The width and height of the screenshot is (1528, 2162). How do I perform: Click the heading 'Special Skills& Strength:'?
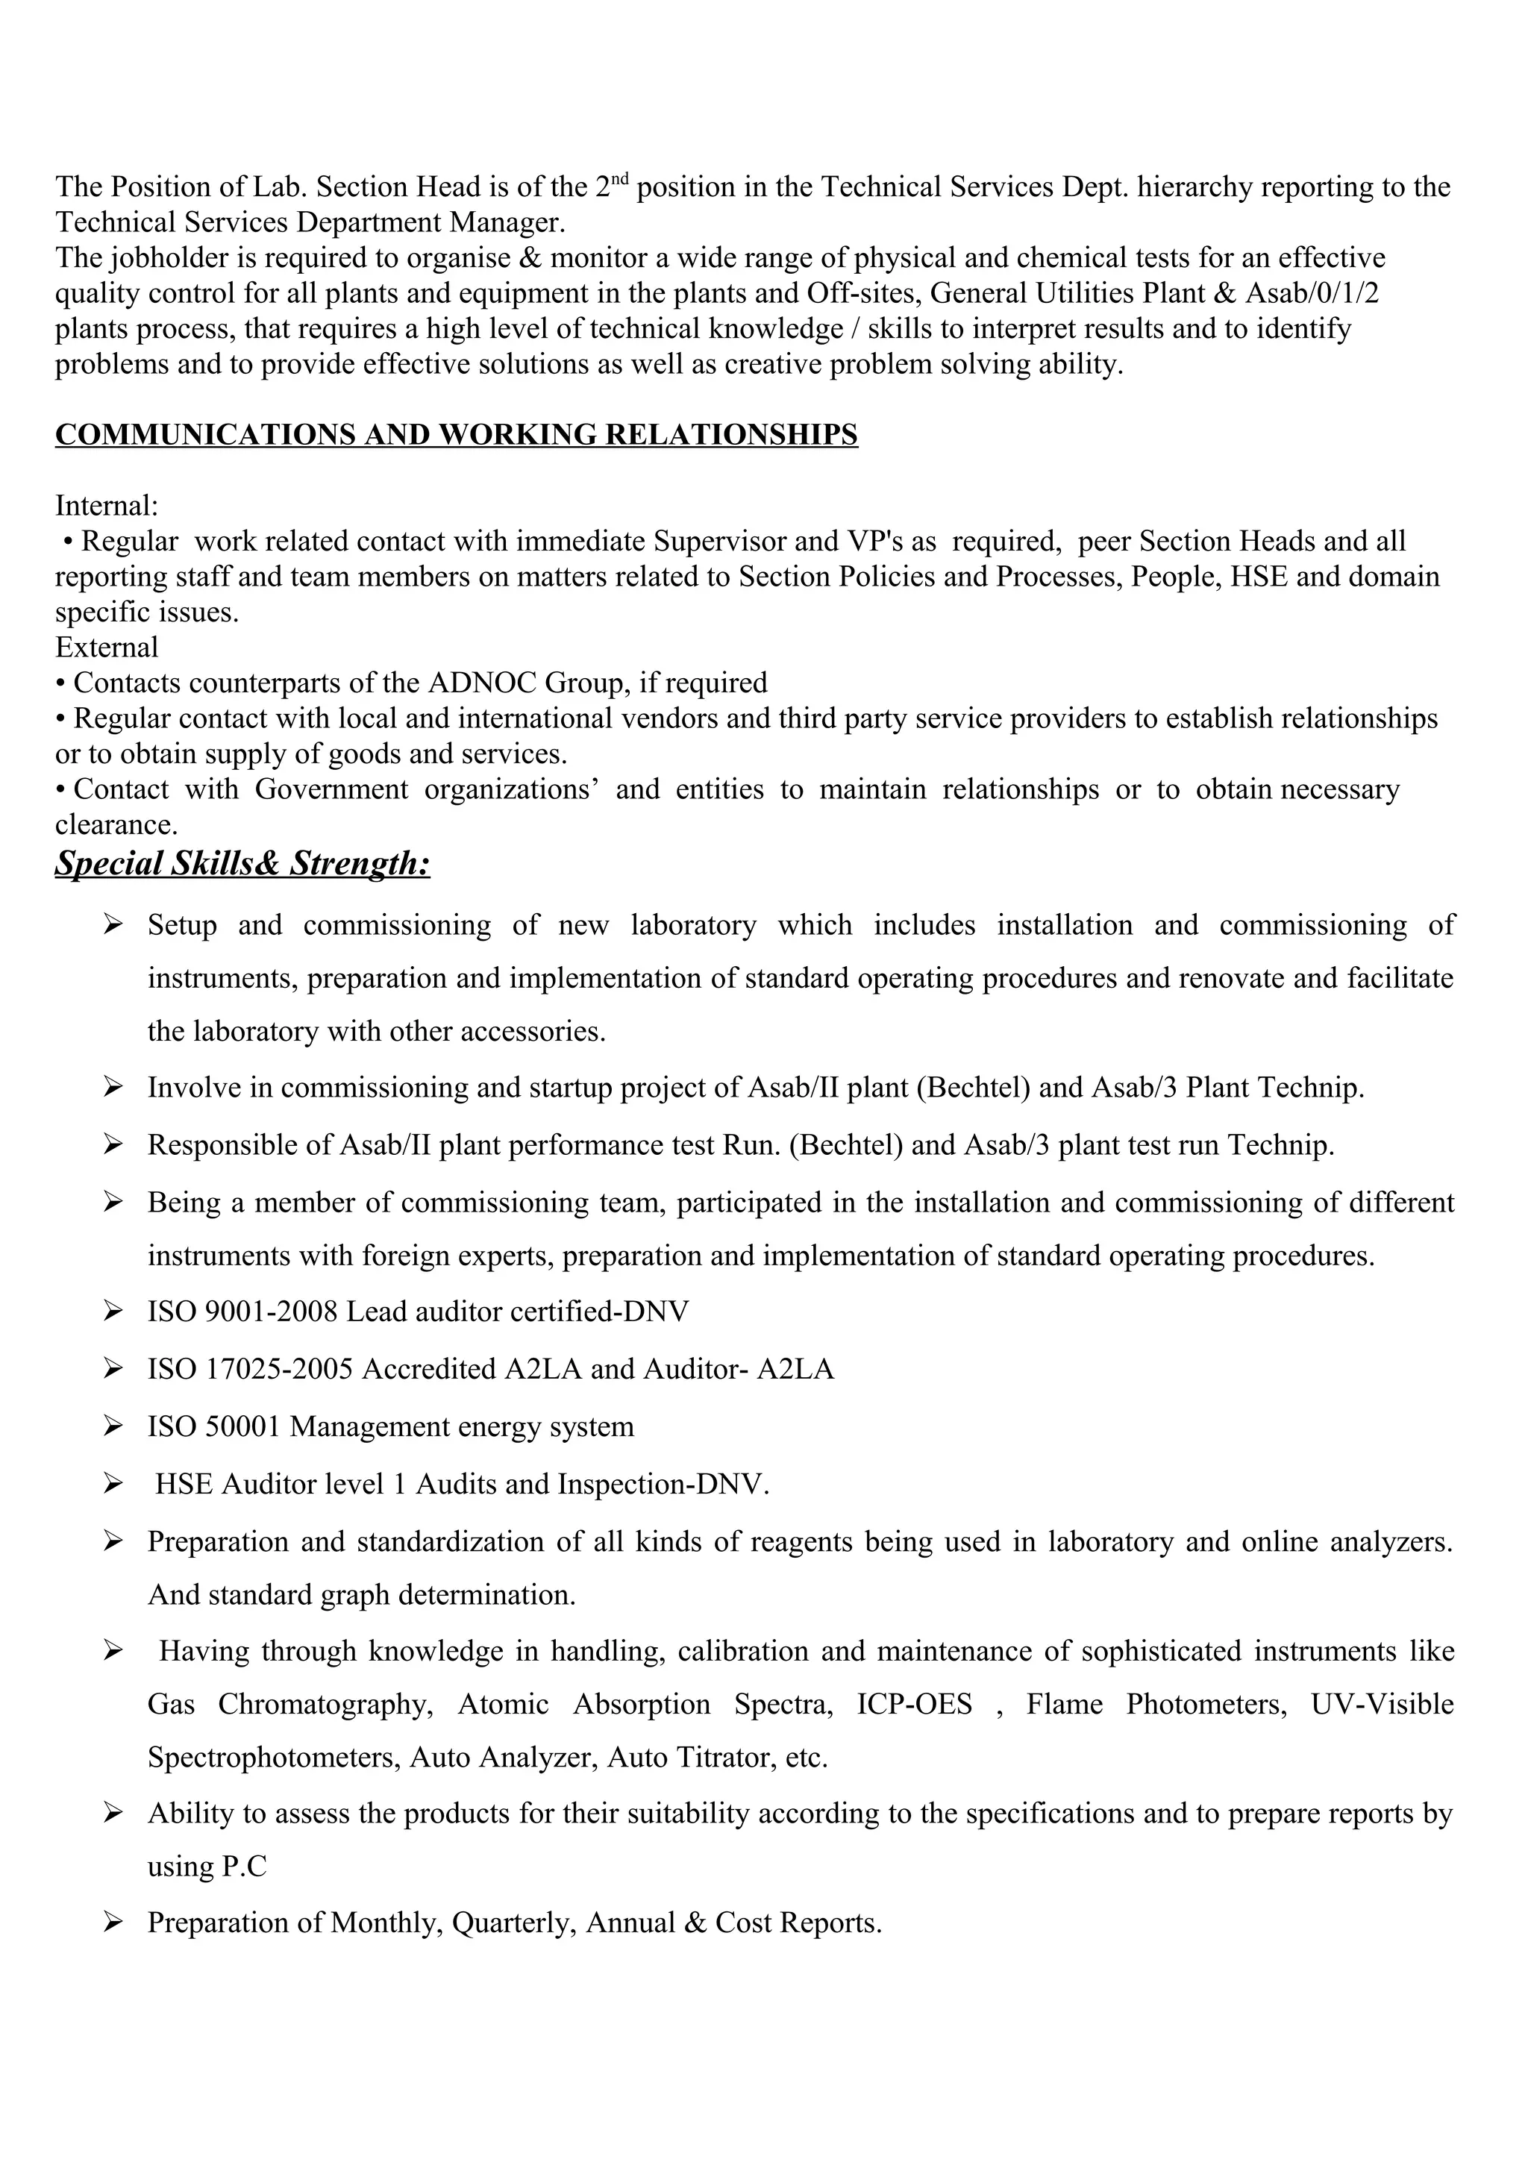click(242, 863)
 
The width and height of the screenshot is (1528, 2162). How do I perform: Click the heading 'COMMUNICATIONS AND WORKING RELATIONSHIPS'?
click(456, 435)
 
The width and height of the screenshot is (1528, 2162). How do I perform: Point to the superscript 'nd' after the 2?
click(624, 179)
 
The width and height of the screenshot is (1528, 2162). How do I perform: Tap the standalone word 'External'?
click(107, 648)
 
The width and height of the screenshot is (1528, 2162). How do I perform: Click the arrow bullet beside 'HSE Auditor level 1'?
click(113, 1485)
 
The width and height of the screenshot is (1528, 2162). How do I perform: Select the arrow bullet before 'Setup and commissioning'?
click(113, 926)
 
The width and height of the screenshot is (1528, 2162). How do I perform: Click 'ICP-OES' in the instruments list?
click(914, 1705)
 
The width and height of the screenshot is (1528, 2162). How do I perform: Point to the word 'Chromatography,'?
click(325, 1705)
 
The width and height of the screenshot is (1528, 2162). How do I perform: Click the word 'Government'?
click(331, 789)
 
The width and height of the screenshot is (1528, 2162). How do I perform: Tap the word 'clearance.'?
click(116, 825)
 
